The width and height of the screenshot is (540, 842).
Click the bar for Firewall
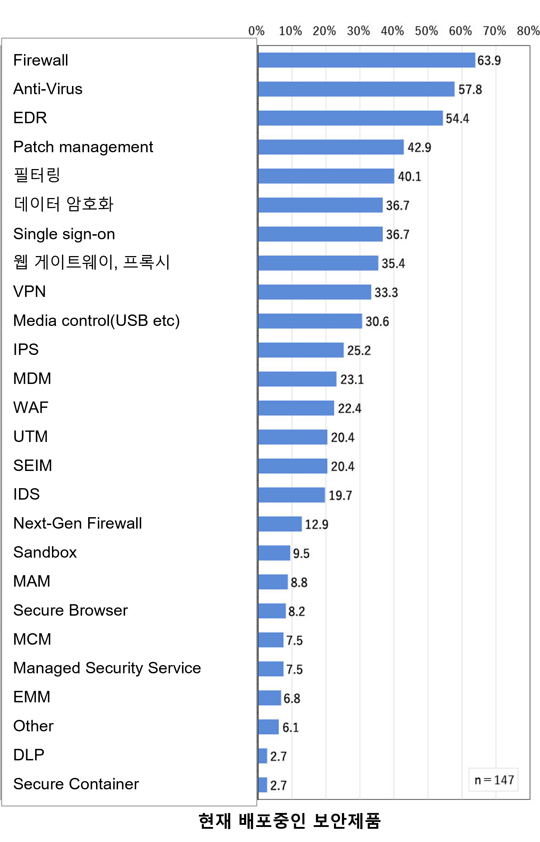coord(366,60)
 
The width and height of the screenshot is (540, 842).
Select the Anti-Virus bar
coord(356,89)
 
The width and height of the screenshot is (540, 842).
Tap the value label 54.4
coord(457,119)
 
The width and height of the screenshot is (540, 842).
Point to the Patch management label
coord(83,147)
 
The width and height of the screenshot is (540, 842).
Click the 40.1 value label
coord(410,177)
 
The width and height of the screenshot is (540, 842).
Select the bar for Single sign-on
coord(320,234)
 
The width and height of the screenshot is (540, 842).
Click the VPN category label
coord(29,292)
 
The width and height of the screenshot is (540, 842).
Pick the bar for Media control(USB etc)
coord(310,321)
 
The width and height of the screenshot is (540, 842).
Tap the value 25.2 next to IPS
coord(359,351)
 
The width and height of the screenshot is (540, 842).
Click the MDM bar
coord(297,379)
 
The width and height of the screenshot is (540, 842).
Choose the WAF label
coord(31,408)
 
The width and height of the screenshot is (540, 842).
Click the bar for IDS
coord(291,495)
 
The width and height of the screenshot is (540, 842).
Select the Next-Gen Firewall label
coord(77,523)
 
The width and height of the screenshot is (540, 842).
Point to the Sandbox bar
coord(274,553)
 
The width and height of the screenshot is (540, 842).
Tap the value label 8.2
coord(297,611)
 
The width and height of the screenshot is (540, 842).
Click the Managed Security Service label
coord(107,668)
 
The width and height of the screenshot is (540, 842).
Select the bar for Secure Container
coord(263,785)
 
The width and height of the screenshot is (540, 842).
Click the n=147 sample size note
coord(494,780)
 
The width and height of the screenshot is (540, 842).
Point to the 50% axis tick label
coord(426,31)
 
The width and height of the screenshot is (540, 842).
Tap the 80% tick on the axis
coord(528,31)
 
